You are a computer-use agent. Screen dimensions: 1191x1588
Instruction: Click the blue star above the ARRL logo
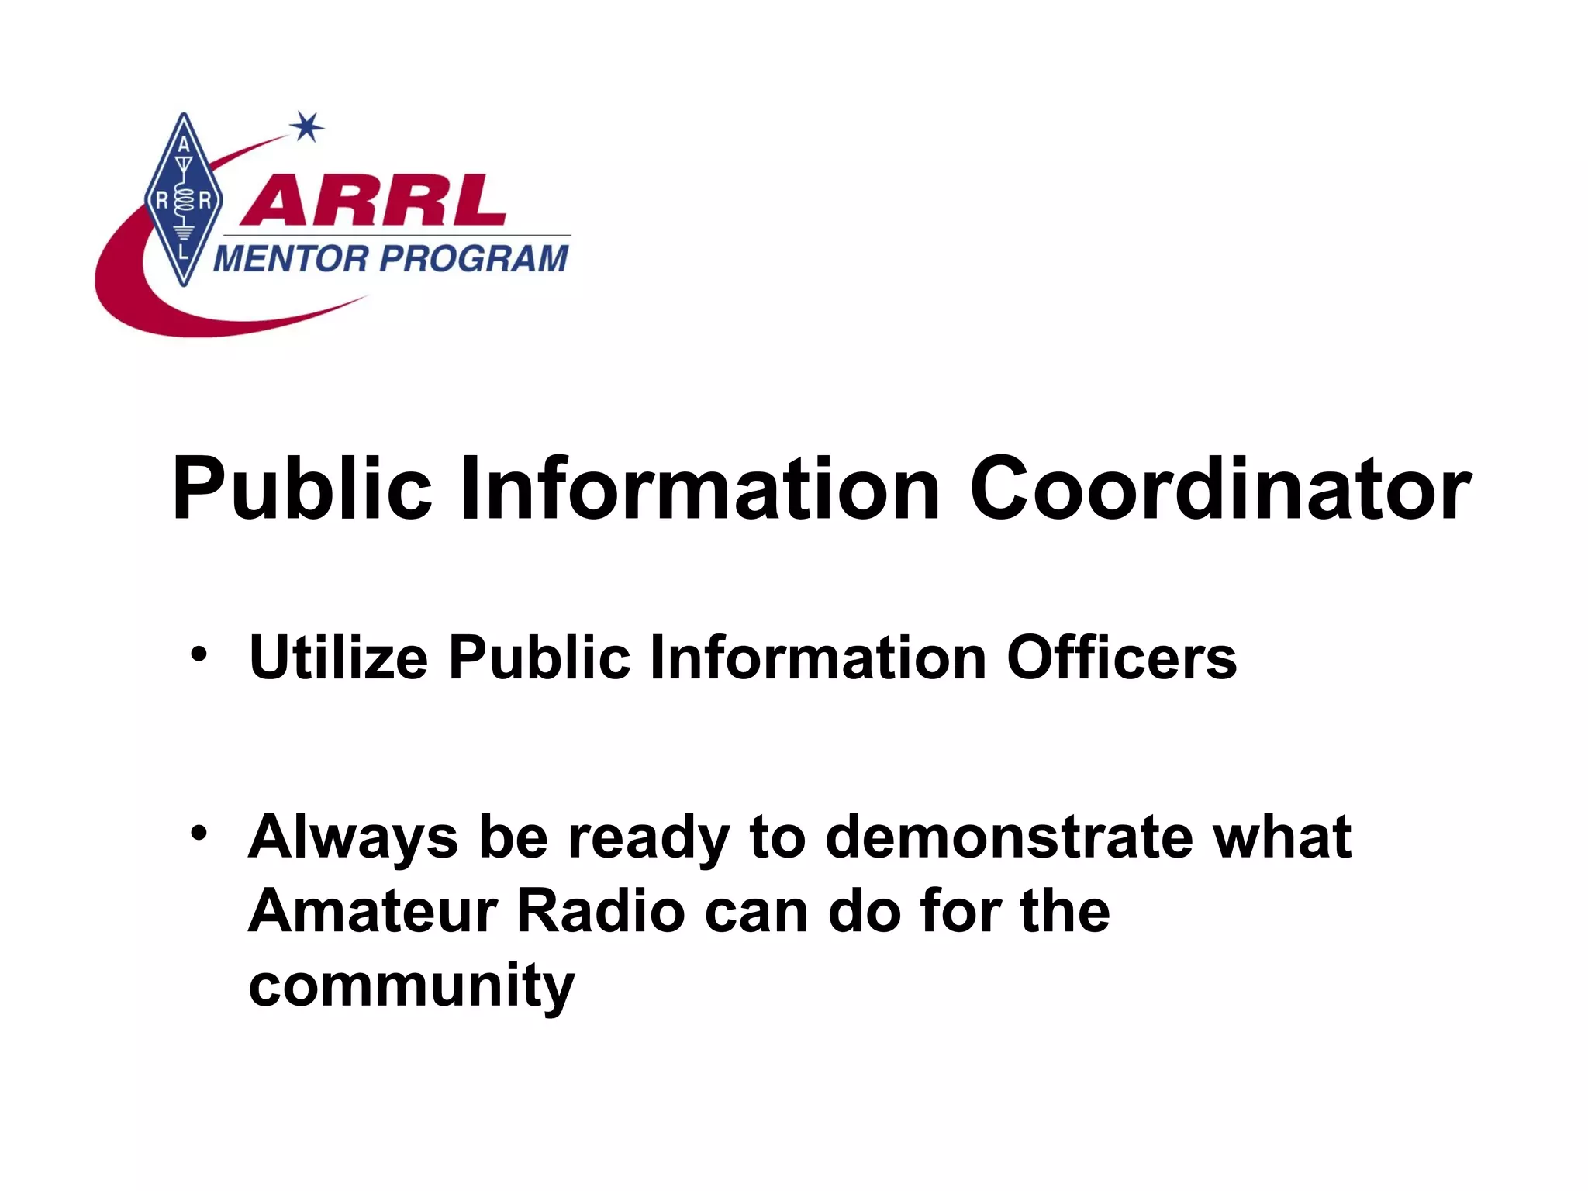pos(308,126)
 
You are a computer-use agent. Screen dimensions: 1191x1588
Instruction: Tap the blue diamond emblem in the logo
pos(184,200)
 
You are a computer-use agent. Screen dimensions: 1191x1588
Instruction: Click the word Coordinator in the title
pos(1220,490)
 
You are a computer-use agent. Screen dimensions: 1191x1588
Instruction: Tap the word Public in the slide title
pos(302,490)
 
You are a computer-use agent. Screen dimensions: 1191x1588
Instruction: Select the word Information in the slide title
pos(700,490)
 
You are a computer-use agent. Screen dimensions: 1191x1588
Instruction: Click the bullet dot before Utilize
pos(199,653)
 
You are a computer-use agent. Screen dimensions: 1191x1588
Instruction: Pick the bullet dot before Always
pos(199,833)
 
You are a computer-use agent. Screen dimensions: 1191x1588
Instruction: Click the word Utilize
pos(338,658)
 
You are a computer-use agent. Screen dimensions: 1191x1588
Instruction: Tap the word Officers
pos(1121,658)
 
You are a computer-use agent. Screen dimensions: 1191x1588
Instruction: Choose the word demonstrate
pos(1009,838)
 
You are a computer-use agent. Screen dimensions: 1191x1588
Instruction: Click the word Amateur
pos(372,911)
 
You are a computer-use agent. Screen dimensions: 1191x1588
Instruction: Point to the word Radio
pos(601,911)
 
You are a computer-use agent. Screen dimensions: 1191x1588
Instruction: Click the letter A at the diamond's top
pos(184,145)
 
